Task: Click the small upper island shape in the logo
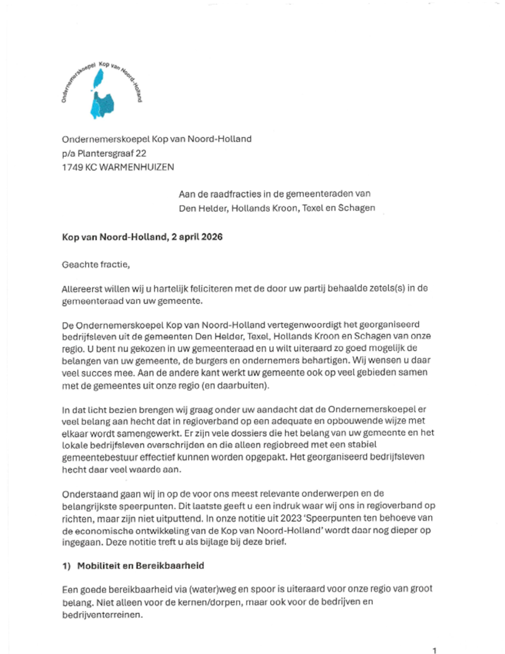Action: [98, 80]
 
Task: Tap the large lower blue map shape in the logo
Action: [102, 105]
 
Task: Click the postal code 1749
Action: [73, 167]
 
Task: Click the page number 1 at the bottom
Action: [434, 650]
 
